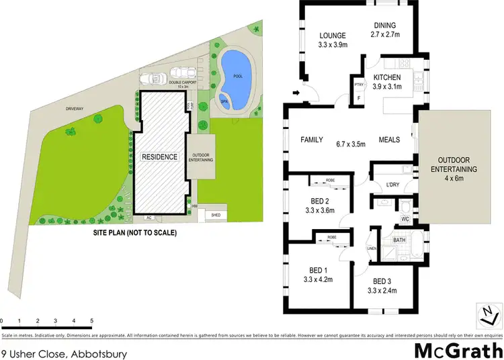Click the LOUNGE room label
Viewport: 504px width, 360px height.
coord(332,36)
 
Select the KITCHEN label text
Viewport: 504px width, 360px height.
coord(386,77)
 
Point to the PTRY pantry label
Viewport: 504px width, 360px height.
coord(359,85)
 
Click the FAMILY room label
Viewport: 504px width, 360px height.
coord(311,140)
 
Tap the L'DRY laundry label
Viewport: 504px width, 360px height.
coord(393,186)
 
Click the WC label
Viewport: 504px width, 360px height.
coord(405,218)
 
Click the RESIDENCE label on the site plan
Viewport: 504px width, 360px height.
coord(159,157)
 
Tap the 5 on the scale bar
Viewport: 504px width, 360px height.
coord(91,320)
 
